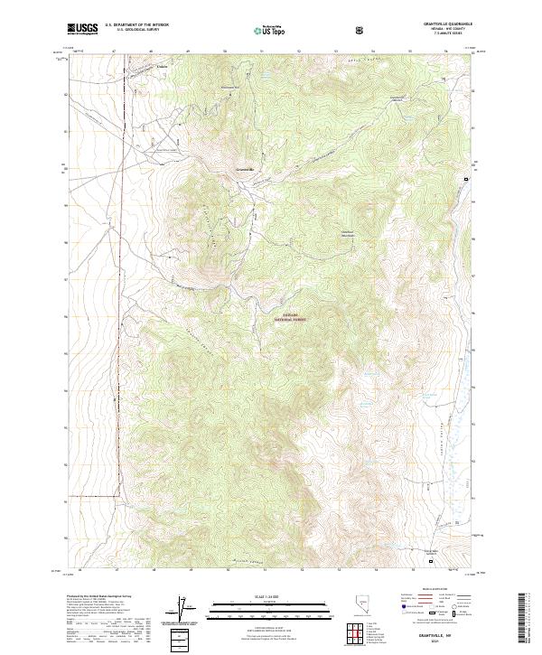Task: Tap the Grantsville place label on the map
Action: point(245,169)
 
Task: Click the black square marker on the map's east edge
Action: point(466,180)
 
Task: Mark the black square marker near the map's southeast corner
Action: point(431,561)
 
